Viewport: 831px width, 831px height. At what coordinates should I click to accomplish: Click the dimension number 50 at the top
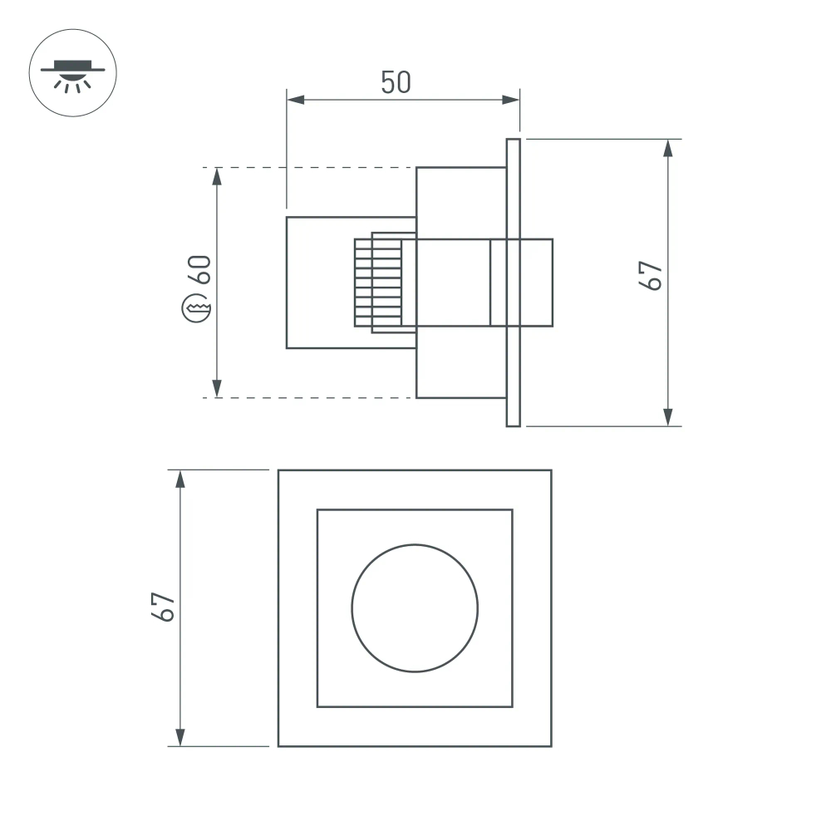pyautogui.click(x=396, y=82)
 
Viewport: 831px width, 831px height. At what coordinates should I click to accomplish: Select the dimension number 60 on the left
pyautogui.click(x=200, y=270)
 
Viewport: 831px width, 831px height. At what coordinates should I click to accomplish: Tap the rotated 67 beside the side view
pyautogui.click(x=651, y=275)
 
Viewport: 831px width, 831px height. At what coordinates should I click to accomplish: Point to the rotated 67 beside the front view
pyautogui.click(x=164, y=607)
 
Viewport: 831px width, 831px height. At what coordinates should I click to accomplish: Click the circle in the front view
pyautogui.click(x=415, y=607)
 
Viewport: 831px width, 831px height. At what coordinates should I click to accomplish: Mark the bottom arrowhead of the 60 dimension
pyautogui.click(x=217, y=389)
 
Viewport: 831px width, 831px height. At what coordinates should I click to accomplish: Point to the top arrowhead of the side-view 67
pyautogui.click(x=667, y=148)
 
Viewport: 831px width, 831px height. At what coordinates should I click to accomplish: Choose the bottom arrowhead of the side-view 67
pyautogui.click(x=667, y=417)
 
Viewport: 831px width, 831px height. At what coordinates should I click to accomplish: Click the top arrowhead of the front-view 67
pyautogui.click(x=179, y=479)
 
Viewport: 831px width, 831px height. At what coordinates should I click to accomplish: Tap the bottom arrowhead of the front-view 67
pyautogui.click(x=179, y=737)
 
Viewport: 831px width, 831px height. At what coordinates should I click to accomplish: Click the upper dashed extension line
pyautogui.click(x=307, y=168)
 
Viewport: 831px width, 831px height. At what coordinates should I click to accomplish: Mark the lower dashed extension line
pyautogui.click(x=307, y=398)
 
